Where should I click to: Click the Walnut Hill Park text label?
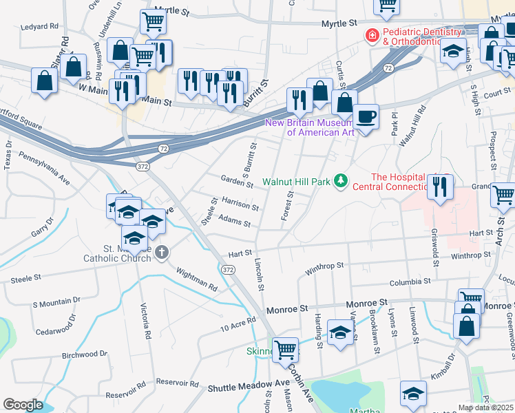point(296,182)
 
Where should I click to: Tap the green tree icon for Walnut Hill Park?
point(339,181)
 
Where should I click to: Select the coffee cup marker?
point(366,116)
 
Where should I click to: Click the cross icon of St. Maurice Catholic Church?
point(162,252)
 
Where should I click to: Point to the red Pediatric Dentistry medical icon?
point(372,35)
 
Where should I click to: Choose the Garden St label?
point(237,180)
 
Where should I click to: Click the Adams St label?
point(233,221)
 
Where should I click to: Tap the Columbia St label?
point(409,282)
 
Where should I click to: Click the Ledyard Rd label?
point(40,27)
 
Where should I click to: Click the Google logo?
point(23,404)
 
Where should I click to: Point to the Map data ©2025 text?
point(486,407)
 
